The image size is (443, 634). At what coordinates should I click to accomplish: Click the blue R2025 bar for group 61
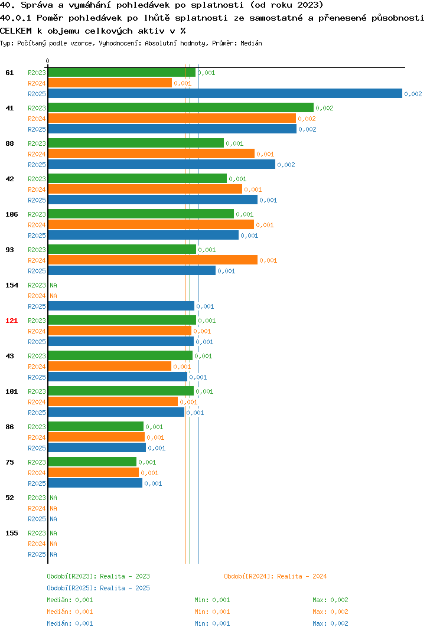226,93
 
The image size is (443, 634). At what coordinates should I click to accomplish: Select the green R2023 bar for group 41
181,107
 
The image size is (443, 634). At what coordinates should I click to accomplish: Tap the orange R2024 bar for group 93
153,260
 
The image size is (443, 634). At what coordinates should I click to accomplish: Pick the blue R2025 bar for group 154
121,306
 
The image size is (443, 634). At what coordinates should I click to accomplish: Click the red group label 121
11,321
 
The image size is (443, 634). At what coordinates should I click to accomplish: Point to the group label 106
11,214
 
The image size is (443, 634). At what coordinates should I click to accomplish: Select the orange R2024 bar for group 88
151,153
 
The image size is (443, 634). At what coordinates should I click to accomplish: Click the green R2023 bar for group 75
92,462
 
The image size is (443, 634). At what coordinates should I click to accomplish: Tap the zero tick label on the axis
47,61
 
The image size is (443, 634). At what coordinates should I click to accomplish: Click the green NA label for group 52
53,498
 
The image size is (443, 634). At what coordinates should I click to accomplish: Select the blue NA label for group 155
53,554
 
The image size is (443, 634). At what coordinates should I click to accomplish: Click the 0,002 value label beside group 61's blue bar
413,94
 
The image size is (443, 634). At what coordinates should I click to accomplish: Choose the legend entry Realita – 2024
275,576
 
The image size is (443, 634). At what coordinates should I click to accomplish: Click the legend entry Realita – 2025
98,588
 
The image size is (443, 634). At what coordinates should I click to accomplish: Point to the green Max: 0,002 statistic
330,600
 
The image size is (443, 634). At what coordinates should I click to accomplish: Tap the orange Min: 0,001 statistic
212,612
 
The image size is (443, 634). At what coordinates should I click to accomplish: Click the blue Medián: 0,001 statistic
70,623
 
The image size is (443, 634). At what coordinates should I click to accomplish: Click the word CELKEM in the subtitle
16,31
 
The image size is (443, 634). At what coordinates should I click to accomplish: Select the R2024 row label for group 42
37,189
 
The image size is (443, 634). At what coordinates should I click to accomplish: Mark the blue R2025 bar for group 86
97,447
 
